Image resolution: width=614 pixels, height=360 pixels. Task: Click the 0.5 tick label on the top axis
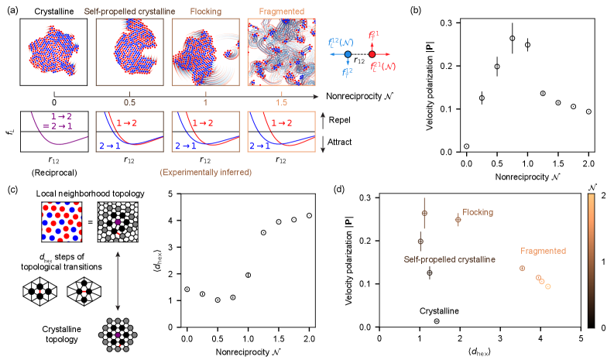[129, 103]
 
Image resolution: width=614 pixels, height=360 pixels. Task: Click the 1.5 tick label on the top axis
[281, 103]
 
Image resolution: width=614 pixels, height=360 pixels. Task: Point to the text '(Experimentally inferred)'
[206, 173]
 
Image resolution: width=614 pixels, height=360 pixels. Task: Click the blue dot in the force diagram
[348, 54]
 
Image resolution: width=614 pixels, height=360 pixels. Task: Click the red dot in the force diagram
[372, 54]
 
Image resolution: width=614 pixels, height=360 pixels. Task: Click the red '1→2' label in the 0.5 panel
[128, 123]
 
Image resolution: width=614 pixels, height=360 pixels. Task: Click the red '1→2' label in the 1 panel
[204, 123]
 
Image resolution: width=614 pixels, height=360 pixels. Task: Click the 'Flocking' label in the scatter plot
[478, 212]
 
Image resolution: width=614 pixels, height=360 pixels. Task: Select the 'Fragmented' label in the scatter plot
[543, 251]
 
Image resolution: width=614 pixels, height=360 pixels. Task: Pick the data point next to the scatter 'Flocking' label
[458, 220]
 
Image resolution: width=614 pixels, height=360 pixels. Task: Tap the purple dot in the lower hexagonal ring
[117, 335]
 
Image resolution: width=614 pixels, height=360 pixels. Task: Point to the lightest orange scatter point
[548, 286]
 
